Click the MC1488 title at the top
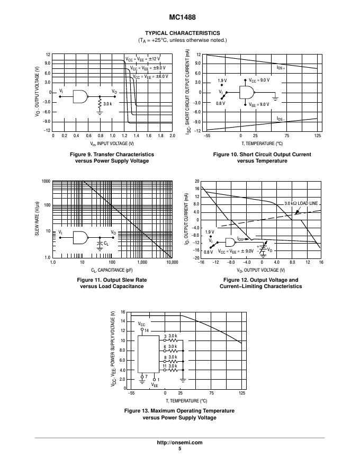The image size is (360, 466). coord(179,16)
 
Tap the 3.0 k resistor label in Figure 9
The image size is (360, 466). coord(107,104)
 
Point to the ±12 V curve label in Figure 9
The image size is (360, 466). coord(142,59)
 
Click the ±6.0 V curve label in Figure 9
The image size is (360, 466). coord(151,76)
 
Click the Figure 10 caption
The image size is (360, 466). coord(262,157)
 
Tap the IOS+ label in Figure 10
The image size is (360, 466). coord(281,68)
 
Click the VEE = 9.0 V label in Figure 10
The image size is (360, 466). coord(259,104)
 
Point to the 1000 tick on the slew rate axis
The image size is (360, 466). coord(46,182)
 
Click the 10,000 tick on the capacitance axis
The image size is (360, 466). coord(172,263)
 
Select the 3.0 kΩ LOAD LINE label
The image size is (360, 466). coord(301,203)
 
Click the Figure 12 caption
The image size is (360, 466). coord(260,283)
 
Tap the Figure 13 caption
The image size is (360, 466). coord(179,414)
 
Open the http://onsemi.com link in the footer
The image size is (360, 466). coord(179,442)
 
